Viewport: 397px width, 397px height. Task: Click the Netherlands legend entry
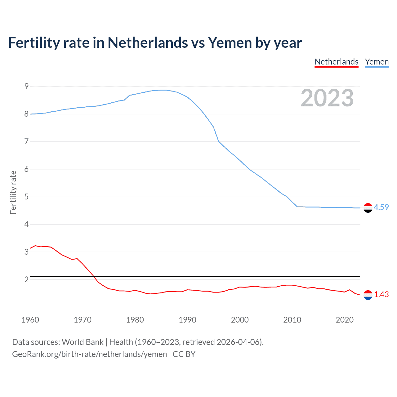point(337,62)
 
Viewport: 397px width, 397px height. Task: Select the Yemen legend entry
point(377,62)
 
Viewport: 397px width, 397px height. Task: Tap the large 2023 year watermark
point(327,98)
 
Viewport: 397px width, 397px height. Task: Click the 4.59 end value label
point(381,207)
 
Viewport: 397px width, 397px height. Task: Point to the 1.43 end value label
point(381,294)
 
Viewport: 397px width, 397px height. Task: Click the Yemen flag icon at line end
point(368,208)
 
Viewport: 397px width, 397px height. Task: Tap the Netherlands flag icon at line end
point(368,295)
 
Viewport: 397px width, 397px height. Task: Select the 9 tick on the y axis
point(26,86)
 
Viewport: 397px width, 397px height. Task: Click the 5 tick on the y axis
point(26,197)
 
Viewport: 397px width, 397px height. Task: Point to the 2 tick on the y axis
point(26,279)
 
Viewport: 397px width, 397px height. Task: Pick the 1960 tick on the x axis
point(30,320)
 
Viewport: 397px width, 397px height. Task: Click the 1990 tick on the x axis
point(187,320)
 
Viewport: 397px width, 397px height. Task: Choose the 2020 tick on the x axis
point(345,320)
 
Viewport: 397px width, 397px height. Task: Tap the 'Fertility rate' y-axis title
point(13,192)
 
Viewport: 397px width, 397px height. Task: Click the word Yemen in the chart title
point(230,42)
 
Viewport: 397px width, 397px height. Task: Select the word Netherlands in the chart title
point(148,42)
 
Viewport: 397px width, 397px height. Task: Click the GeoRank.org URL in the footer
point(89,354)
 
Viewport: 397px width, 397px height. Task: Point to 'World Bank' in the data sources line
point(83,342)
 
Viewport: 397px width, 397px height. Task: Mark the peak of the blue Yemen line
point(163,90)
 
